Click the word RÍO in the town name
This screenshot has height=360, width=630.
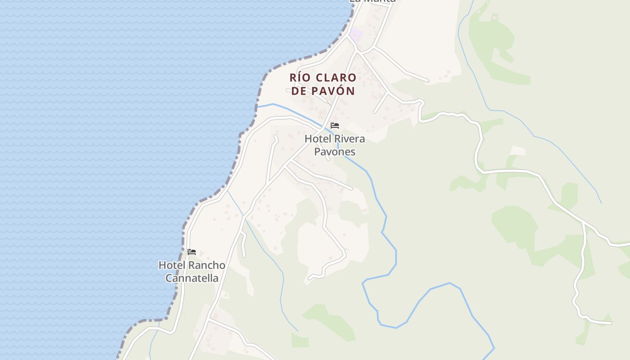coord(301,78)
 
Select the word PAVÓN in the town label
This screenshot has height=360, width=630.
coord(333,91)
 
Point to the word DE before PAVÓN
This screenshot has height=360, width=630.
coord(298,91)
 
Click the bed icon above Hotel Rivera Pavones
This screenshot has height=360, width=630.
coord(335,126)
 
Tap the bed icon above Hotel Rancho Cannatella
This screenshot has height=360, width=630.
coord(192,252)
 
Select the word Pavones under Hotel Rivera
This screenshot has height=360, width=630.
coord(334,151)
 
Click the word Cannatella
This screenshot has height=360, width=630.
coord(192,278)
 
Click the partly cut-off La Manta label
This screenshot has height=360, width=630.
coord(373,1)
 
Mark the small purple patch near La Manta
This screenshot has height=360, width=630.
coord(356,34)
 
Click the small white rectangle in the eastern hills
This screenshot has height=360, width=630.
coord(517,150)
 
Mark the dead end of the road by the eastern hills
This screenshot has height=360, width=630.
coord(611,323)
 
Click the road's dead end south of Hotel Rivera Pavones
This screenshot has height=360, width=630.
coord(309,279)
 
